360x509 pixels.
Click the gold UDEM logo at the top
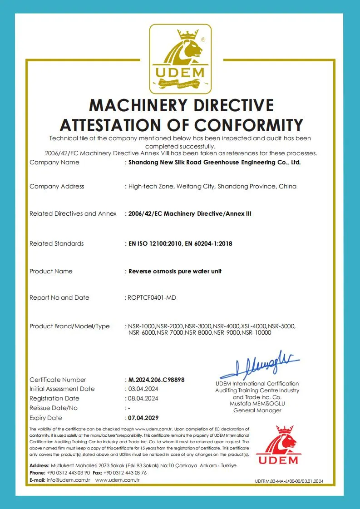(180, 58)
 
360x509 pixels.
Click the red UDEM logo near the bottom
(279, 446)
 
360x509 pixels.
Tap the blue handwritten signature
(259, 364)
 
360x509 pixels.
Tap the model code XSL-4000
(254, 326)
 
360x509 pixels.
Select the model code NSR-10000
(256, 333)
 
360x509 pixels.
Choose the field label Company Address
(57, 187)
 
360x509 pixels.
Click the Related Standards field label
(57, 244)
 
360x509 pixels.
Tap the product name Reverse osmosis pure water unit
(175, 272)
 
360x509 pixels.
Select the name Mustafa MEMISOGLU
(257, 404)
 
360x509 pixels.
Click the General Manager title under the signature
(257, 410)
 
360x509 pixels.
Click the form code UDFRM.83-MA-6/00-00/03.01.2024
(289, 481)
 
